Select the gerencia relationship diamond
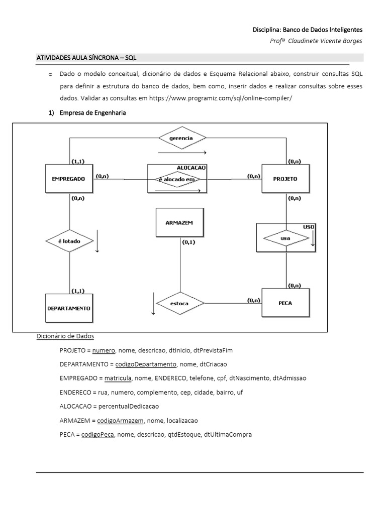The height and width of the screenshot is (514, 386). point(182,137)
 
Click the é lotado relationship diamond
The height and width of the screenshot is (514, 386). point(70,240)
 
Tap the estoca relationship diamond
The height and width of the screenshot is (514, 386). point(180,303)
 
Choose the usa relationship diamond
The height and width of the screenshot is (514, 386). point(285,238)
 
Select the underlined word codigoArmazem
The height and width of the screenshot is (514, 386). point(121,420)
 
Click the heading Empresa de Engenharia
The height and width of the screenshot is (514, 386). point(92,113)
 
